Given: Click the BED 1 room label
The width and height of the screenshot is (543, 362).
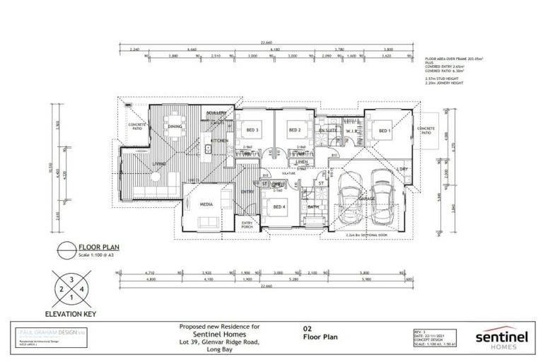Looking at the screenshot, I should coord(383,131).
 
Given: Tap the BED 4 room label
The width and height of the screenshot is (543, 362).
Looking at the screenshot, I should coord(279,206).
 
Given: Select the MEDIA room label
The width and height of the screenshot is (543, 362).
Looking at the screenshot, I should coord(206,204).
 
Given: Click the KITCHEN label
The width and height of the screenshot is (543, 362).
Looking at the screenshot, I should coord(218,141).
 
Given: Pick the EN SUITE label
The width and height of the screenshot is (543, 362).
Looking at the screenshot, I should coord(327,131).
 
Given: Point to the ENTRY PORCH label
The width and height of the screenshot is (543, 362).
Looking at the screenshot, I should coord(247,225).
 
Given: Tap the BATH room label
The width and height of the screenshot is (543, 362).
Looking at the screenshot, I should coord(313,206).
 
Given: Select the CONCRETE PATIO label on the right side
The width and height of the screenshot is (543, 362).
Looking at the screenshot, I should coord(425,131).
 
